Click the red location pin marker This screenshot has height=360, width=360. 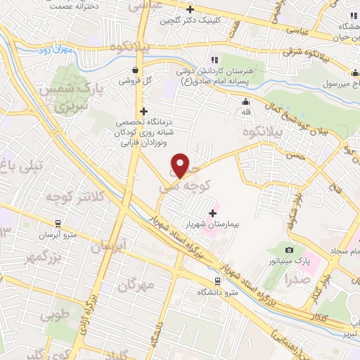coord(181,166)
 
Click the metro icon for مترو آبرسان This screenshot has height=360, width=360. coord(57,226)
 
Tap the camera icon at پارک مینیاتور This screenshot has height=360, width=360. coord(289,250)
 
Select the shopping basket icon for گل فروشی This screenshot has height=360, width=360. coord(135,69)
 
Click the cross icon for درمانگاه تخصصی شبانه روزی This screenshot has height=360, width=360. coord(143,111)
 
